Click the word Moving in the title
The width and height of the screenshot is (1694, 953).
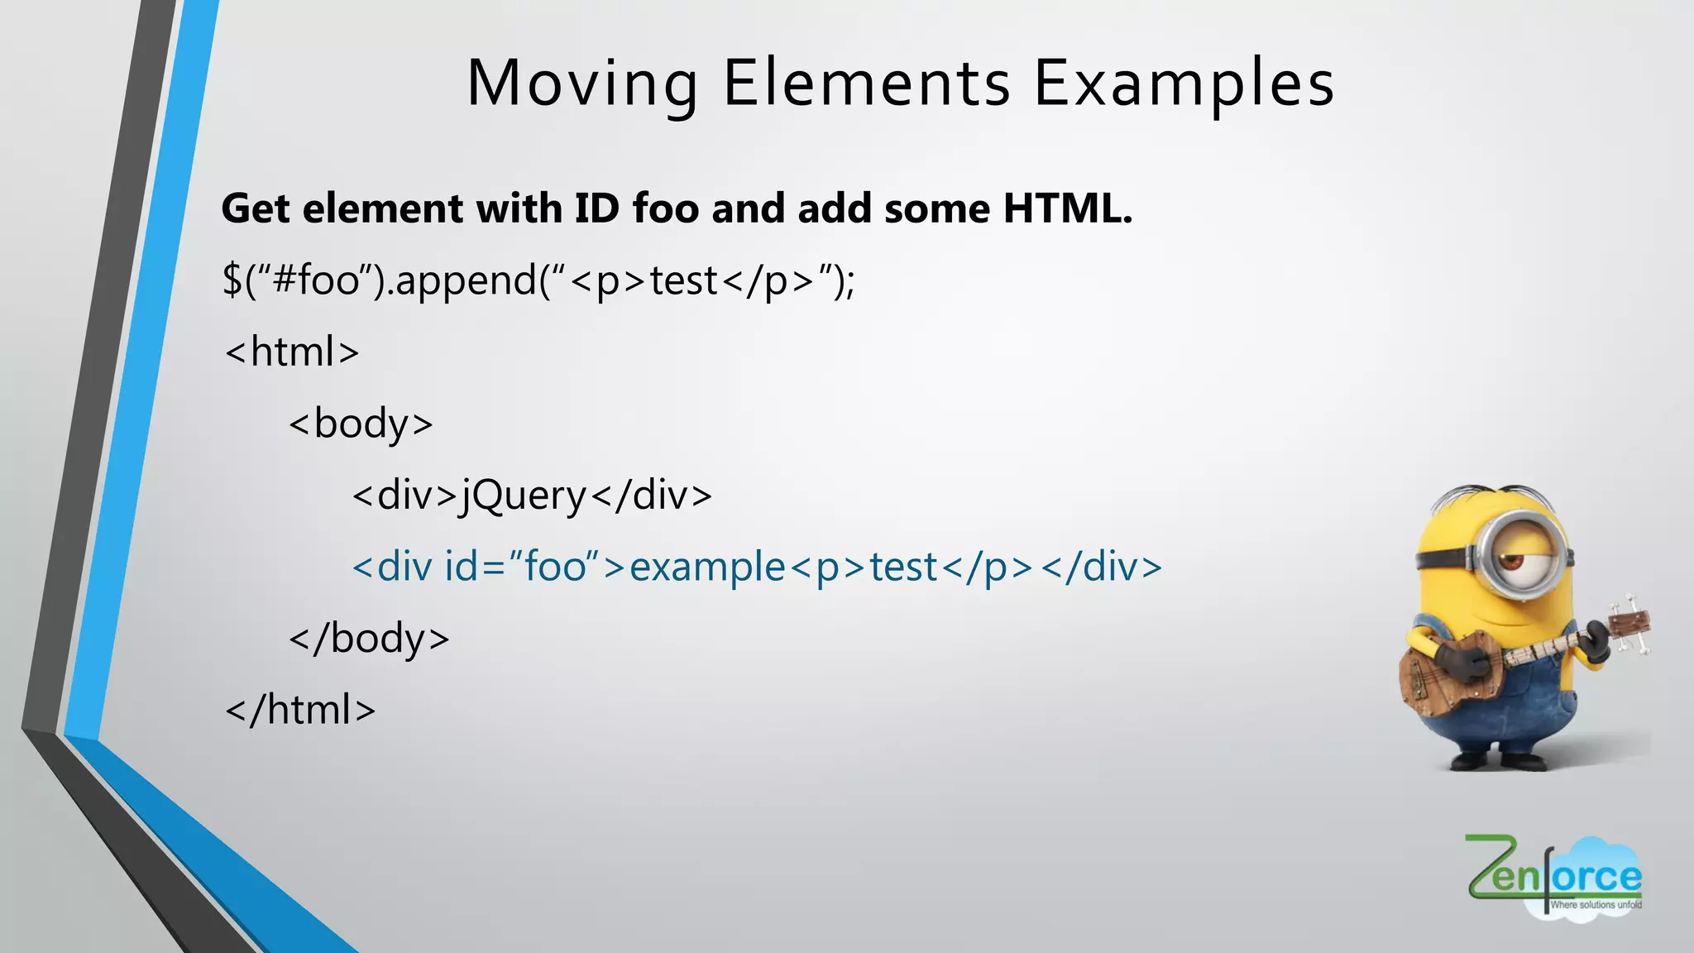582,84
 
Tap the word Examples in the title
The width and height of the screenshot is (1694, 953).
1184,84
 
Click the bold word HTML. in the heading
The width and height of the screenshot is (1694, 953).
1067,208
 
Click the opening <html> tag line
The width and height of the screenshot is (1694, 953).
292,352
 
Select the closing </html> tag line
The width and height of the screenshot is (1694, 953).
300,710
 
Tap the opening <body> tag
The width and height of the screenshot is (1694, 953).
361,424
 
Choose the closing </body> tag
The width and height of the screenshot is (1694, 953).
369,638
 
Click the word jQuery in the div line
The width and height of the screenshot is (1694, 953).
524,496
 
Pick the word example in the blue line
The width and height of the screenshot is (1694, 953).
707,567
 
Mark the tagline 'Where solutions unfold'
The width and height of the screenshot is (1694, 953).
1596,905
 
